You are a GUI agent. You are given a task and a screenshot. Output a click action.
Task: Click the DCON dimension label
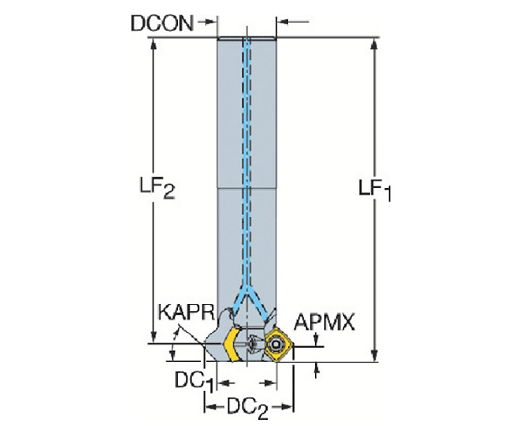(x=162, y=23)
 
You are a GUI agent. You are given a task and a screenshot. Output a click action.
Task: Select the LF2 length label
(x=157, y=188)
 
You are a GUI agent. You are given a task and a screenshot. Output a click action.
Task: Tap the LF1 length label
(x=374, y=190)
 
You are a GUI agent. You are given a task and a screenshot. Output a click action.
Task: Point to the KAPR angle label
(x=187, y=312)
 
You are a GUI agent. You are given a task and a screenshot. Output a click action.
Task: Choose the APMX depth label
(x=324, y=322)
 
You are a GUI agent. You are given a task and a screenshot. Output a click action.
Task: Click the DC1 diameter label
(x=194, y=382)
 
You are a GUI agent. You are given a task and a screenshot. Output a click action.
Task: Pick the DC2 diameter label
(x=248, y=409)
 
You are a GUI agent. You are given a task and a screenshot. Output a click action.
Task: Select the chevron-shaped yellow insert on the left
(x=232, y=344)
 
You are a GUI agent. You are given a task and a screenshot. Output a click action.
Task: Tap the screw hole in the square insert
(x=275, y=345)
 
